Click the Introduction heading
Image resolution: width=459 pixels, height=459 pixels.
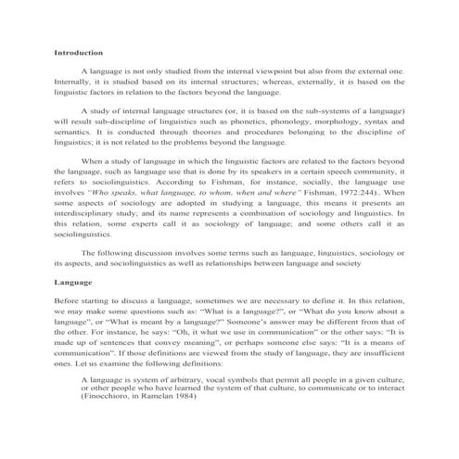click(78, 53)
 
